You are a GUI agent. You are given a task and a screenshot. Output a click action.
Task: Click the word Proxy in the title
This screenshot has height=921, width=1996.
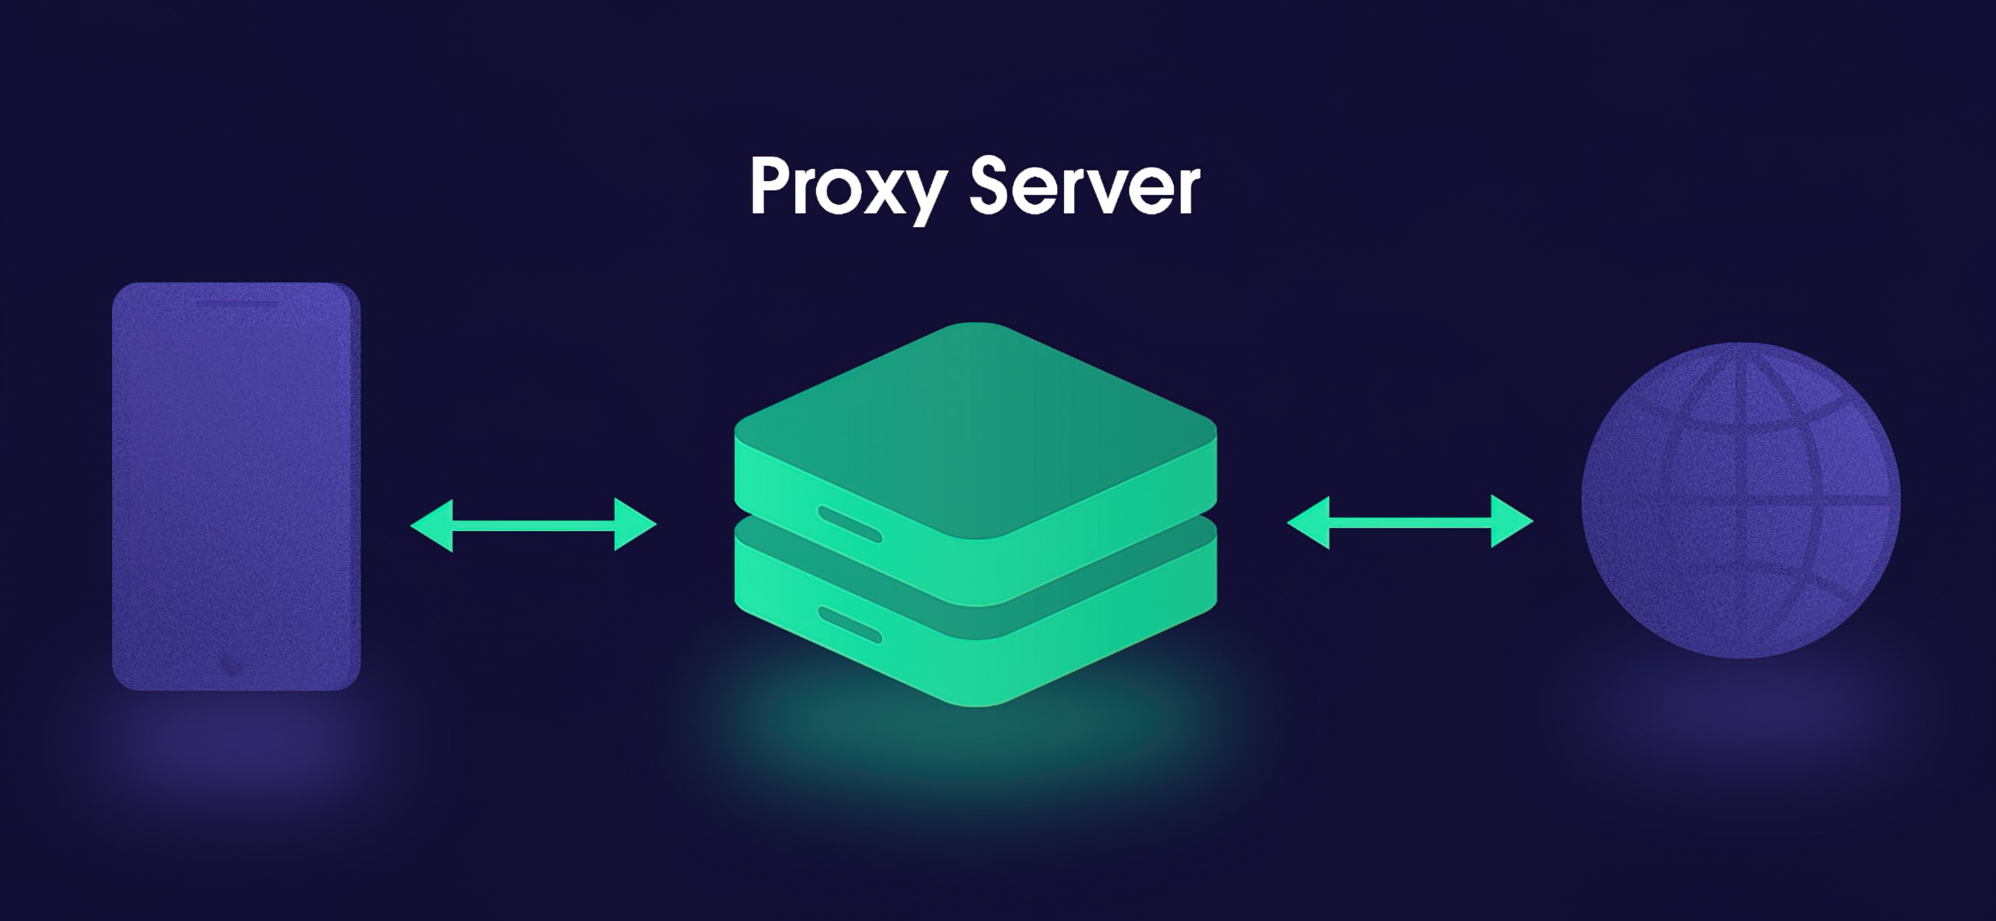tap(847, 187)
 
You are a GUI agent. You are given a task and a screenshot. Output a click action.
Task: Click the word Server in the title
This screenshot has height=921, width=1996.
tap(1084, 187)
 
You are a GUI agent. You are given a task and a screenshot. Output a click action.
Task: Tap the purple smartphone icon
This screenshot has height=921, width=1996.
tap(236, 486)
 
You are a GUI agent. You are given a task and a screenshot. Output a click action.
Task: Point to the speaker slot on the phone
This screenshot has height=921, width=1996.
tap(236, 303)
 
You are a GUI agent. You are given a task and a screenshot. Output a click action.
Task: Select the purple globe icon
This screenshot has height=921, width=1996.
tap(1740, 500)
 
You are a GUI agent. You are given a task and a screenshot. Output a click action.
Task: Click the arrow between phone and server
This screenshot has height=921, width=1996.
tap(533, 524)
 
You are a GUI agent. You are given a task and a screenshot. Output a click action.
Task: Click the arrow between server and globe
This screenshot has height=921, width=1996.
tap(1410, 522)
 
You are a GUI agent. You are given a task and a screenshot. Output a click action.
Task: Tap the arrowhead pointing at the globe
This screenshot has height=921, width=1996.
tap(1511, 522)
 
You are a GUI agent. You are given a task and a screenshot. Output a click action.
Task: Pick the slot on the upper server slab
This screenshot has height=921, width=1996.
tap(850, 523)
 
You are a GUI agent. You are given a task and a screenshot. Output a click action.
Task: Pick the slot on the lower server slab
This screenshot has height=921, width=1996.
tap(850, 625)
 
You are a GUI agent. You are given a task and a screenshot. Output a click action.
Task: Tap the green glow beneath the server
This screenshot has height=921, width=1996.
tap(976, 744)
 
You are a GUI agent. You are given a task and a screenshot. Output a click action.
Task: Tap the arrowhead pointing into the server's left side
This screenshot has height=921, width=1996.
tap(635, 524)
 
